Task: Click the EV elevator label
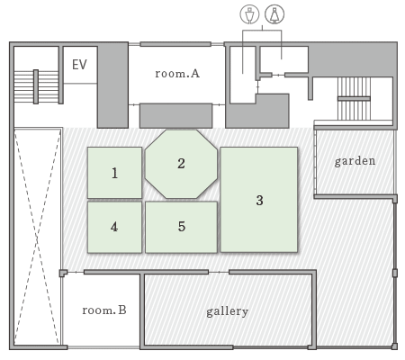tap(79, 65)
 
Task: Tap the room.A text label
tap(177, 73)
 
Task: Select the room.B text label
tap(104, 310)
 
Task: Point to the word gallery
tap(228, 311)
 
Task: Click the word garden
tap(355, 161)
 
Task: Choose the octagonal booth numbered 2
tap(181, 164)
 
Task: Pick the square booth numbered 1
tap(114, 173)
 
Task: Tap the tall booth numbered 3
tap(259, 200)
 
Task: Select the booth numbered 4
tap(114, 227)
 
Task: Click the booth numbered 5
tap(181, 227)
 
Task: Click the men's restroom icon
tap(249, 13)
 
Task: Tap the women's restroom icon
tap(274, 13)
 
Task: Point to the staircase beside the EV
tap(36, 86)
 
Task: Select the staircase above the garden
tap(354, 98)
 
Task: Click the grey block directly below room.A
tap(176, 116)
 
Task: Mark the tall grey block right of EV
tap(112, 85)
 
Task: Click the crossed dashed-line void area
tap(37, 237)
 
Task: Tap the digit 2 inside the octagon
tap(181, 164)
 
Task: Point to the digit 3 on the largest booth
tap(260, 200)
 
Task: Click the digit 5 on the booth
tap(182, 227)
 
